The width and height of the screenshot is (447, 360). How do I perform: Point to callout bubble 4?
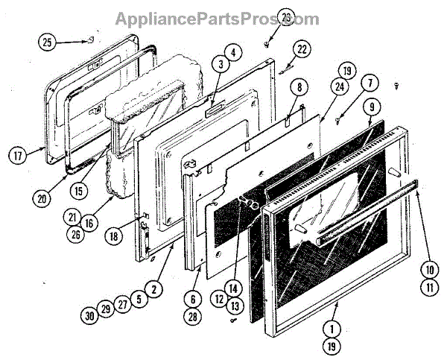(233, 52)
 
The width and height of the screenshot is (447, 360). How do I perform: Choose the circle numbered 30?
(91, 315)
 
